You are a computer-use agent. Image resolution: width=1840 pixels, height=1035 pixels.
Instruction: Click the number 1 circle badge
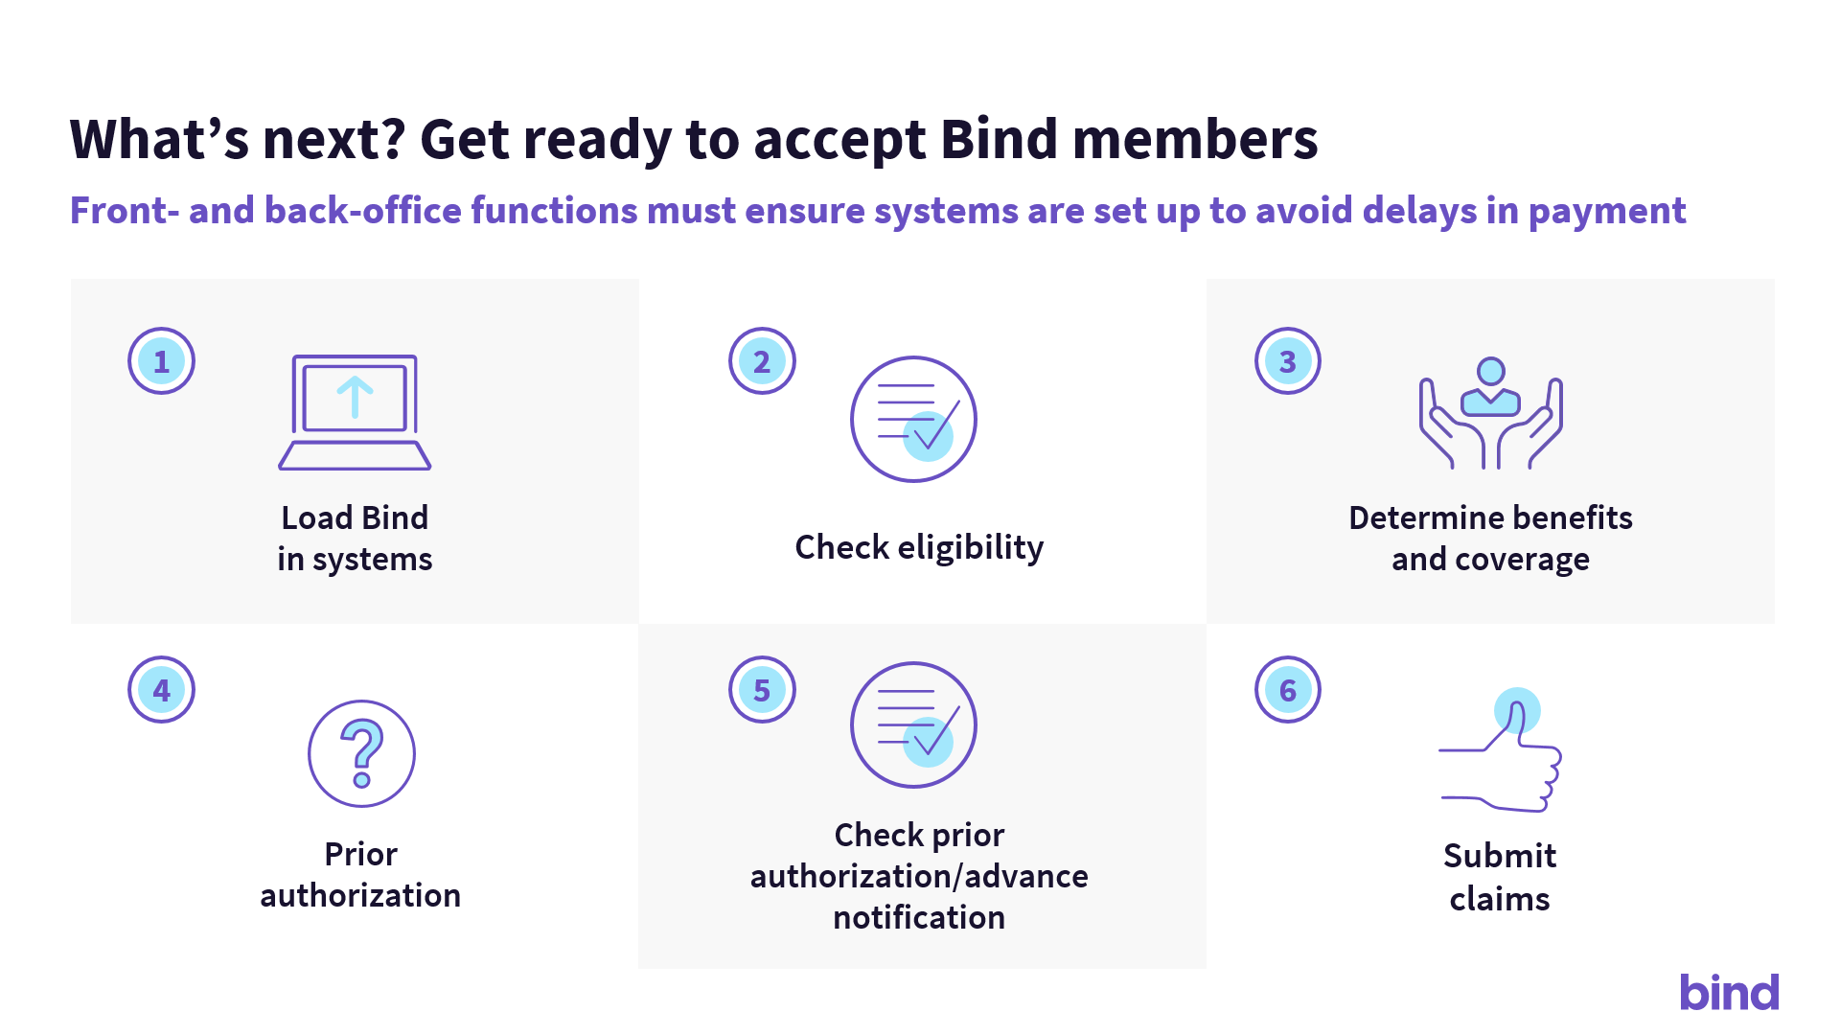coord(161,361)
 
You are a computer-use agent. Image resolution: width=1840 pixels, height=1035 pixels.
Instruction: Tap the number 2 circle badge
coord(762,361)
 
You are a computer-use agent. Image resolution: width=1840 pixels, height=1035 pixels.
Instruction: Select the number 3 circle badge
coord(1288,361)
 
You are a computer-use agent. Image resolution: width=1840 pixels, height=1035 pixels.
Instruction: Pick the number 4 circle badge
coord(161,689)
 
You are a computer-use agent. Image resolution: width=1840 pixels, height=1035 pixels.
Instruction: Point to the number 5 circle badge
coord(762,689)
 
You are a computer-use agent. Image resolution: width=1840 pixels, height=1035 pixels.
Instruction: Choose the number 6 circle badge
coord(1288,689)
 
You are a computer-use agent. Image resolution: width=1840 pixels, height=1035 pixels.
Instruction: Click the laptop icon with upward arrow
coord(355,412)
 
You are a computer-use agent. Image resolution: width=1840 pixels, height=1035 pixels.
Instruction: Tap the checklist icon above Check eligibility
coord(913,419)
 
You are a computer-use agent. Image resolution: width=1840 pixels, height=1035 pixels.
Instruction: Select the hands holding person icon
coord(1490,413)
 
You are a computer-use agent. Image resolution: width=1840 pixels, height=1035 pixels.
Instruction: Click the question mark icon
coord(361,753)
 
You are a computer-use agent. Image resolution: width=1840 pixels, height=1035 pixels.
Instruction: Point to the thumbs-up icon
coord(1501,750)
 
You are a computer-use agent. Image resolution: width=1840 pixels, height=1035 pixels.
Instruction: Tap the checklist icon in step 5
coord(913,724)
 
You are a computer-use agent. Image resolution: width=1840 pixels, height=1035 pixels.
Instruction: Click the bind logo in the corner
coord(1729,992)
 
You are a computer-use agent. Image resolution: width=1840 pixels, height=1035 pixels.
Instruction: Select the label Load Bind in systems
coord(355,538)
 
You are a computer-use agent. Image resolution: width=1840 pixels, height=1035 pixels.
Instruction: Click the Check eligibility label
coord(919,547)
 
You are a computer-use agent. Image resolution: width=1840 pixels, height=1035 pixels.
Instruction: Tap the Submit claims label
coord(1500,877)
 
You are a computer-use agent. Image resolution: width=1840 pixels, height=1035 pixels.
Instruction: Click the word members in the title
coord(1196,139)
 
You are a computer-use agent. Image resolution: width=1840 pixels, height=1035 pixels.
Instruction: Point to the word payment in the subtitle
coord(1607,211)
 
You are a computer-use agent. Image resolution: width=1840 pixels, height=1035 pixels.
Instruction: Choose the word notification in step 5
coord(919,917)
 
